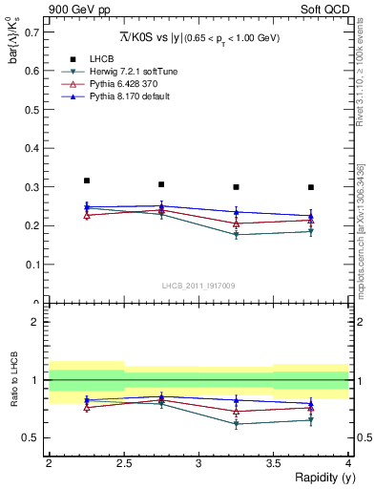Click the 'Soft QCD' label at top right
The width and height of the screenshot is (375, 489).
(x=324, y=10)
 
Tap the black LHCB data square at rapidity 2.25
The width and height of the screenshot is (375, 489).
(x=86, y=181)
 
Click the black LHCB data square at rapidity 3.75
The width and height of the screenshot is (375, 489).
(x=311, y=187)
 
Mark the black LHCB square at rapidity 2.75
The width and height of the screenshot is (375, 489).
(x=161, y=184)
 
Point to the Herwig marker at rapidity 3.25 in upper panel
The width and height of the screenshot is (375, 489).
(x=236, y=235)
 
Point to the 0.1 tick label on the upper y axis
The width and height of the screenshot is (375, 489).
(x=31, y=265)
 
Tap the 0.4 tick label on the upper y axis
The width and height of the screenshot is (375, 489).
(x=31, y=148)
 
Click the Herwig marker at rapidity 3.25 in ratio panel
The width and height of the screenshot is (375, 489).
(x=236, y=424)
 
